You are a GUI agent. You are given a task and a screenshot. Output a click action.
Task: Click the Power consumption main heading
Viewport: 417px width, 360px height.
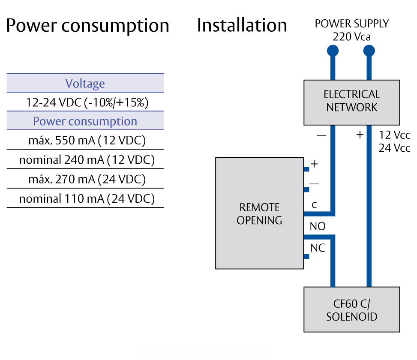(x=87, y=26)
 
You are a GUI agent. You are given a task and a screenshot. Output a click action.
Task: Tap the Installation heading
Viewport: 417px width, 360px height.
(x=242, y=25)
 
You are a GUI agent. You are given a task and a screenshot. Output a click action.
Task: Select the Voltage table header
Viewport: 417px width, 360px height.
(x=85, y=83)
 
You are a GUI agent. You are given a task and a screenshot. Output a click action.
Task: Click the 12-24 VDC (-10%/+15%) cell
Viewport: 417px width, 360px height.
(x=85, y=102)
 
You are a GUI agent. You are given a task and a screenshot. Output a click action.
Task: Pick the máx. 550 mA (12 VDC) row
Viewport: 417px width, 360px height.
(x=85, y=141)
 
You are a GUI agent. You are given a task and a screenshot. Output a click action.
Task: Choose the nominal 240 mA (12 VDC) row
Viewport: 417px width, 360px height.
(x=85, y=160)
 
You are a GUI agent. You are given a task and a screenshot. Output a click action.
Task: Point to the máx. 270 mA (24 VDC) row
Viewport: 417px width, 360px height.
(x=85, y=179)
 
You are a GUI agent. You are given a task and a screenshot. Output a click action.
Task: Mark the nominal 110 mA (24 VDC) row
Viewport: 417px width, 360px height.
(x=85, y=199)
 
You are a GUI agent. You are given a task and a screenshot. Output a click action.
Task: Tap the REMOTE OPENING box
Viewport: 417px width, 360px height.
(x=259, y=213)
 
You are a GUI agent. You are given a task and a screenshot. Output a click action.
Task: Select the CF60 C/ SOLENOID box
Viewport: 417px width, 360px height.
(x=351, y=311)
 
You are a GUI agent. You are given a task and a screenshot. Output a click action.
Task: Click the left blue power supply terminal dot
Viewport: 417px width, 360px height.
(x=333, y=51)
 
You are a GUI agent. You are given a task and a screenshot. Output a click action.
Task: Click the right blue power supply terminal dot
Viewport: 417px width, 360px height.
(x=369, y=51)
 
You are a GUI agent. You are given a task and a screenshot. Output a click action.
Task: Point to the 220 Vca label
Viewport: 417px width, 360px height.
(x=351, y=37)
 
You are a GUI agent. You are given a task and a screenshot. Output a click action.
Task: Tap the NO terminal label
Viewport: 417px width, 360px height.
(x=318, y=226)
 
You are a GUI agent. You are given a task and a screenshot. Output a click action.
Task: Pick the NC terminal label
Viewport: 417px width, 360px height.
(x=318, y=248)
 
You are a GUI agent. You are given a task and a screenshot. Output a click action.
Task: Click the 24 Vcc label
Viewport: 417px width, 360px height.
(x=394, y=148)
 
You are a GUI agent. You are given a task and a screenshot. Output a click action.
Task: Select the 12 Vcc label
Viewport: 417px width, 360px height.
(x=394, y=135)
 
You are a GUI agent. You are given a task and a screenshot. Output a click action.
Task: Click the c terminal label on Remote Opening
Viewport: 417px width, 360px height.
(x=314, y=205)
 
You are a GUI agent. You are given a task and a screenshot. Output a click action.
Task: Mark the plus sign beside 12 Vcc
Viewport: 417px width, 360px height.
(x=360, y=135)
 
